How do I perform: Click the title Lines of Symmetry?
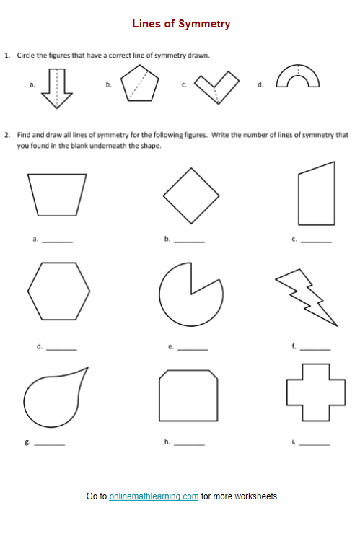(x=181, y=24)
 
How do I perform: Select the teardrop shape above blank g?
(x=52, y=397)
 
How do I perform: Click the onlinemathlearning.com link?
(x=154, y=496)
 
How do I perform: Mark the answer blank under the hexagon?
(x=61, y=348)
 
